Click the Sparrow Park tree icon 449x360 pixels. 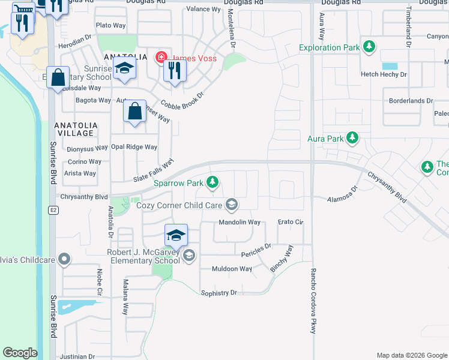click(212, 182)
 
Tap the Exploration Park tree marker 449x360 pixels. click(369, 46)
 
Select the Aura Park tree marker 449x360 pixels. click(352, 139)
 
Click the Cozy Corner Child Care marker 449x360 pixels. click(231, 205)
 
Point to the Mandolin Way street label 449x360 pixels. click(240, 222)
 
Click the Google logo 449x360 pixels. click(20, 353)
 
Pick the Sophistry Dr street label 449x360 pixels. click(219, 293)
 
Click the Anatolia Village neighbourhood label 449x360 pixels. click(74, 129)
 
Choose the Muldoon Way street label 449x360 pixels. click(232, 269)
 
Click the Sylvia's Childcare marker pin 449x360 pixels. click(64, 260)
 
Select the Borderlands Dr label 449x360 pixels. click(411, 101)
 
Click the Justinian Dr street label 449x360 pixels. click(77, 356)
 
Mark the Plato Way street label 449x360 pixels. click(111, 25)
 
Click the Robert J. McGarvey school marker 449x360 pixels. click(189, 256)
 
